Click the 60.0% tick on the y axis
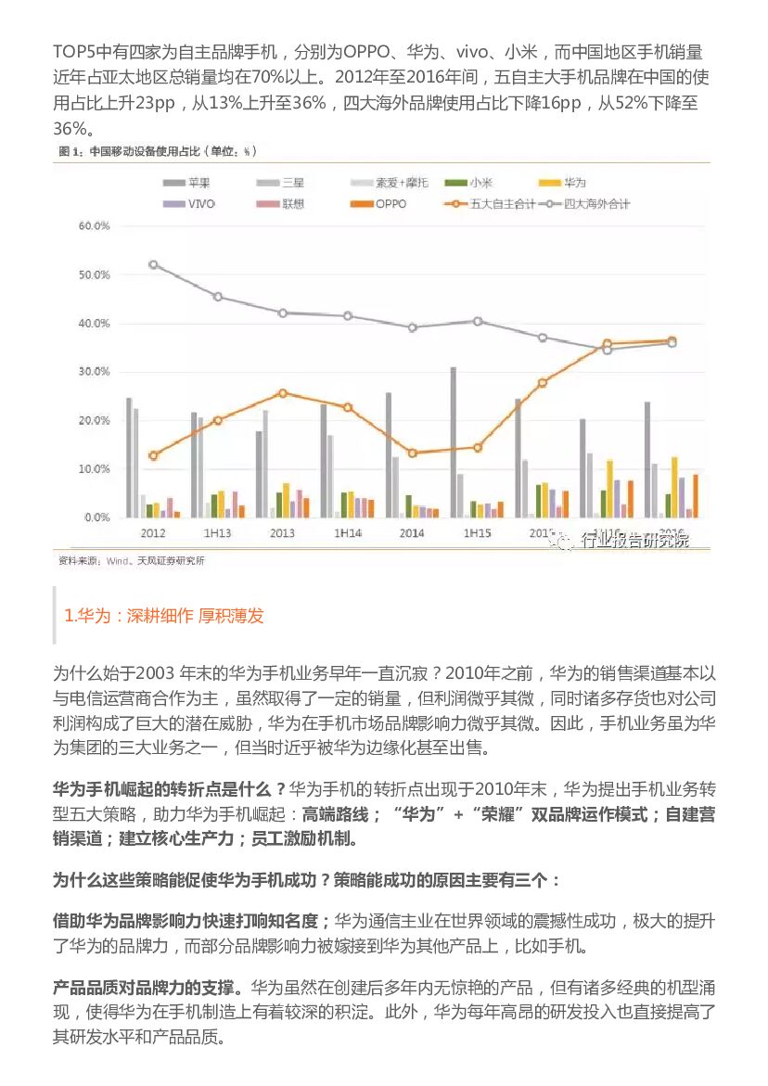95,225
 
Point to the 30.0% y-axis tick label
95,372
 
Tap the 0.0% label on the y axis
97,517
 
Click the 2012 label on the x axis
153,534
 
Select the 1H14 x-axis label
347,534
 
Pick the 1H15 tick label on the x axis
477,534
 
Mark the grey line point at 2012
153,264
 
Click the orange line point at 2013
283,393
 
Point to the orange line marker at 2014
412,453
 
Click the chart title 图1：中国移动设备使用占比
158,151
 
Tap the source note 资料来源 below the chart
131,560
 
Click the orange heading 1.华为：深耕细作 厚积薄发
164,616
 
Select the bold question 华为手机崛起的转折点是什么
170,790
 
